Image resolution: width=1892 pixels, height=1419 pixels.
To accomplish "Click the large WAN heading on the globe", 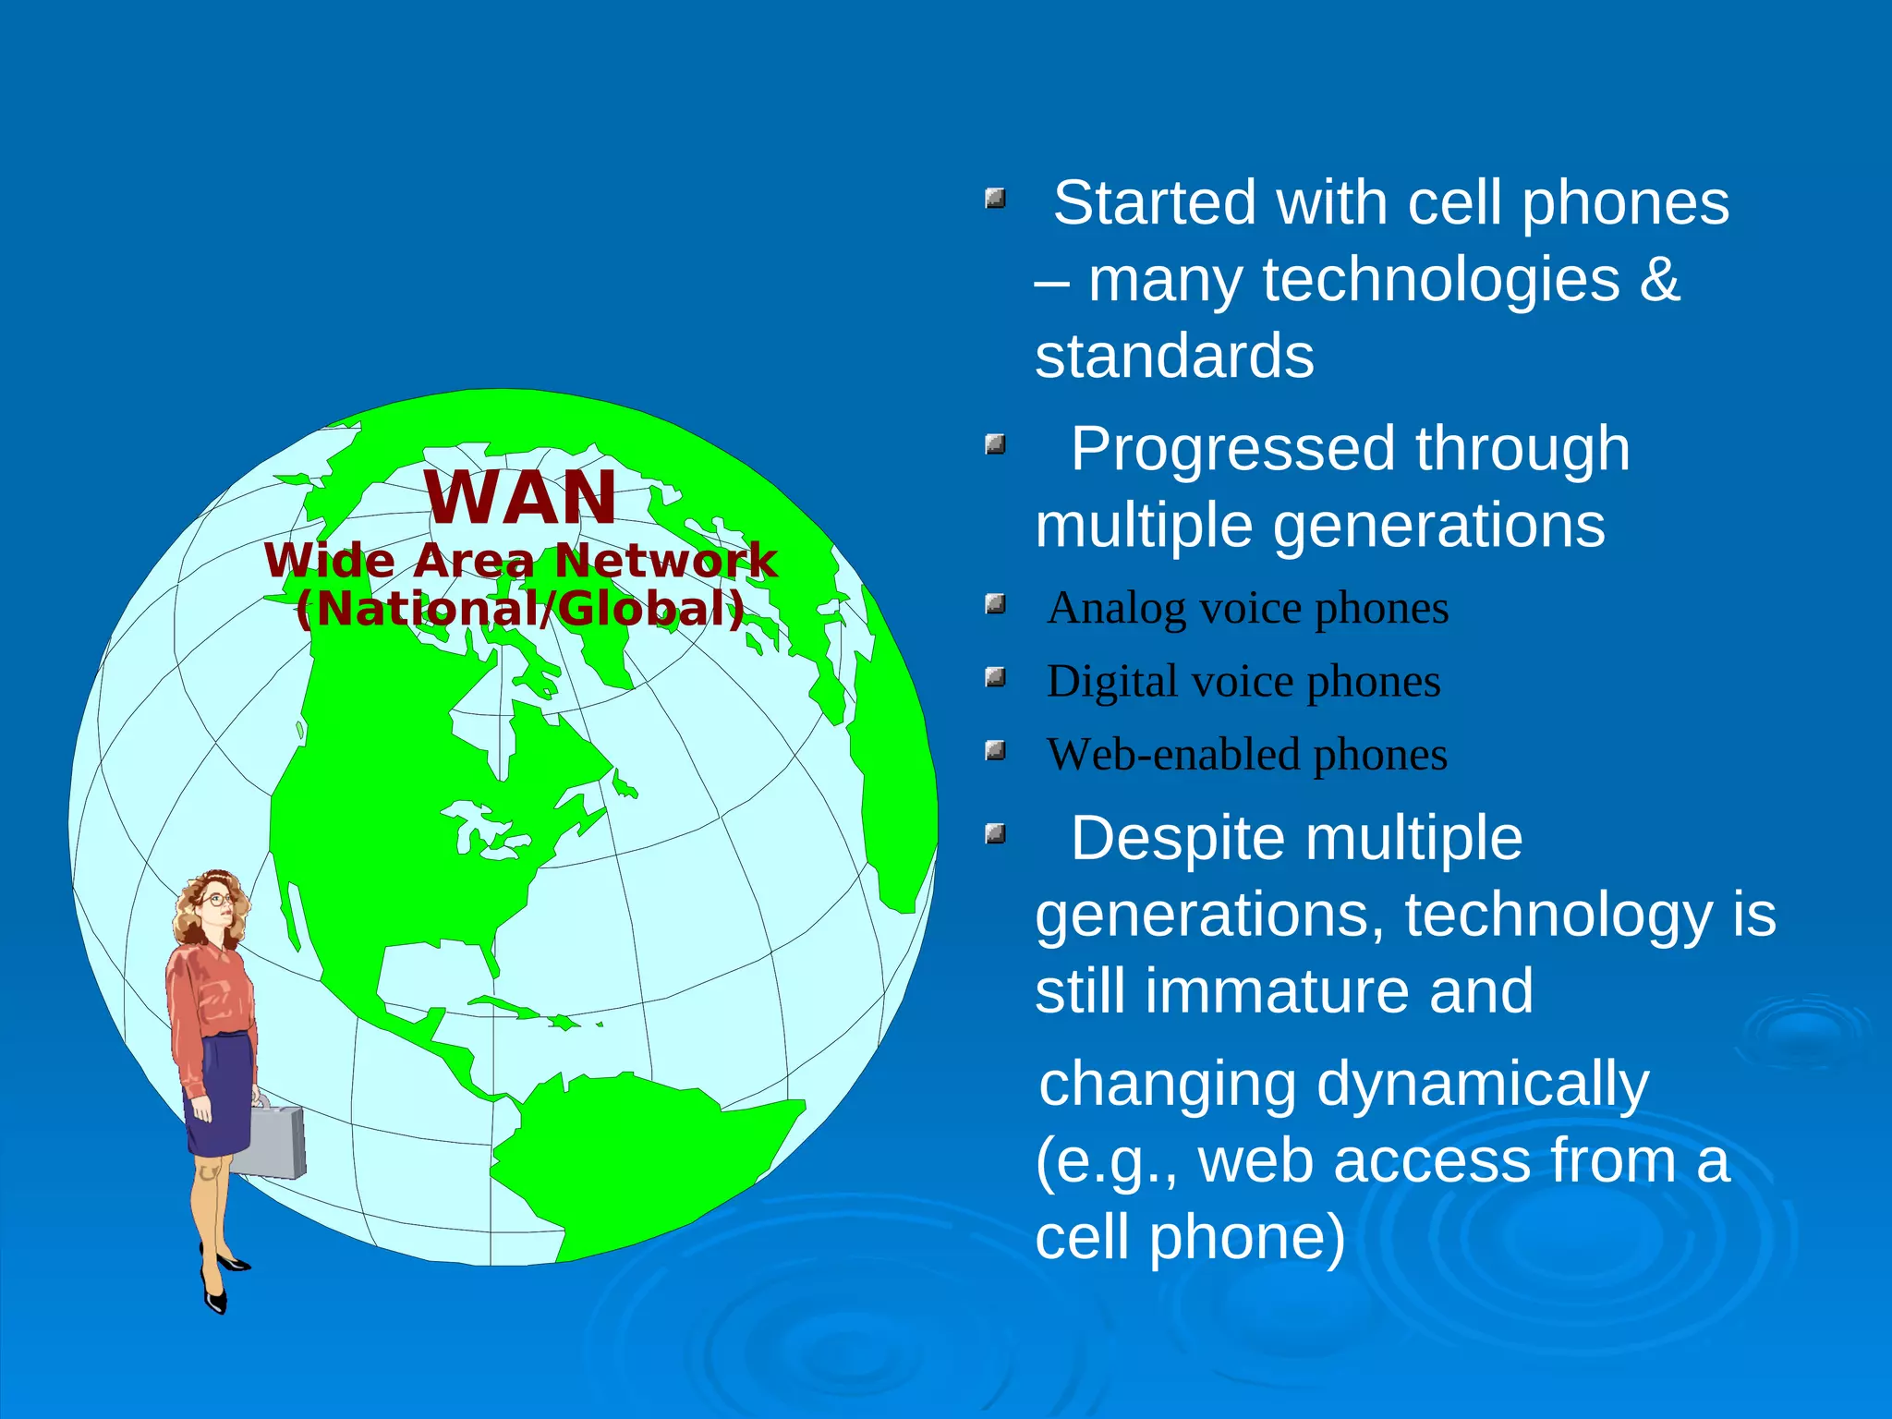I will click(520, 498).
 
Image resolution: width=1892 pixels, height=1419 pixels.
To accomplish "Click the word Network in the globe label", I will click(665, 561).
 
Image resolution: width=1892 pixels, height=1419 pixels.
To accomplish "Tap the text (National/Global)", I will click(520, 609).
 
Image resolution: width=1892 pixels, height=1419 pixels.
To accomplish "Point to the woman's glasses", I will click(218, 899).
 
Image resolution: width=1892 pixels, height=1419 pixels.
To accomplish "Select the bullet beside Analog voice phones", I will click(995, 605).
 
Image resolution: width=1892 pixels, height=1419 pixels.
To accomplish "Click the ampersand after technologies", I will click(1659, 279).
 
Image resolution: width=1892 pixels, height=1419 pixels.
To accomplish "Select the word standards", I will click(1173, 357).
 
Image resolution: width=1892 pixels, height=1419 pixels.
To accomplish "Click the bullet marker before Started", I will click(995, 198).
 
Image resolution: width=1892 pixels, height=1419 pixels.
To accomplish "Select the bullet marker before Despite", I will click(995, 834).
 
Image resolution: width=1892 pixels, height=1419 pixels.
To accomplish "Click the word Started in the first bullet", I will click(1155, 203).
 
